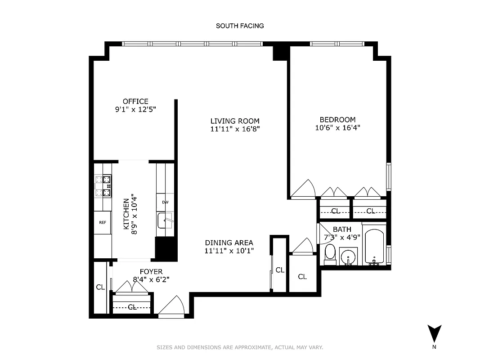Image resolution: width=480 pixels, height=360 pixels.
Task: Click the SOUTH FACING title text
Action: [x=240, y=26]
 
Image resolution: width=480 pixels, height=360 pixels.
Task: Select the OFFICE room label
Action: [x=135, y=101]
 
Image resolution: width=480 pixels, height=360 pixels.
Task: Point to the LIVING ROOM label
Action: [x=235, y=121]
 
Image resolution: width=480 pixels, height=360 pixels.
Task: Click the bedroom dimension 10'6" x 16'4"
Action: [x=337, y=127]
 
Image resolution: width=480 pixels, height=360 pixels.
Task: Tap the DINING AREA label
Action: [x=229, y=243]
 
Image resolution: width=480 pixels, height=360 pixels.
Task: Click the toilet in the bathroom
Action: [x=330, y=255]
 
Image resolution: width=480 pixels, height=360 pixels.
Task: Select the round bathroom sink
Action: [x=348, y=258]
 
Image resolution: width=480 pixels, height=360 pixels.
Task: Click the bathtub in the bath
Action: [x=374, y=247]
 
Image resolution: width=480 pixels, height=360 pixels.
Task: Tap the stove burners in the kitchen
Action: [x=103, y=186]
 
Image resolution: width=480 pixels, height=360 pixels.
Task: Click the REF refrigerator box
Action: [x=103, y=222]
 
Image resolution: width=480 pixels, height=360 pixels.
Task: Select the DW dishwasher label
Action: [x=165, y=202]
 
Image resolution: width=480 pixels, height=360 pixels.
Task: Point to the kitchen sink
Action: [x=165, y=220]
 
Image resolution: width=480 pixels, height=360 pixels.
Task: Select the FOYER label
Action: [x=151, y=271]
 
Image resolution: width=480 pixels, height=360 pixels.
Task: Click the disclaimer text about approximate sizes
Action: [x=240, y=347]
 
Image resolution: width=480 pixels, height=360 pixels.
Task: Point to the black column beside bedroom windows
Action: [x=280, y=51]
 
